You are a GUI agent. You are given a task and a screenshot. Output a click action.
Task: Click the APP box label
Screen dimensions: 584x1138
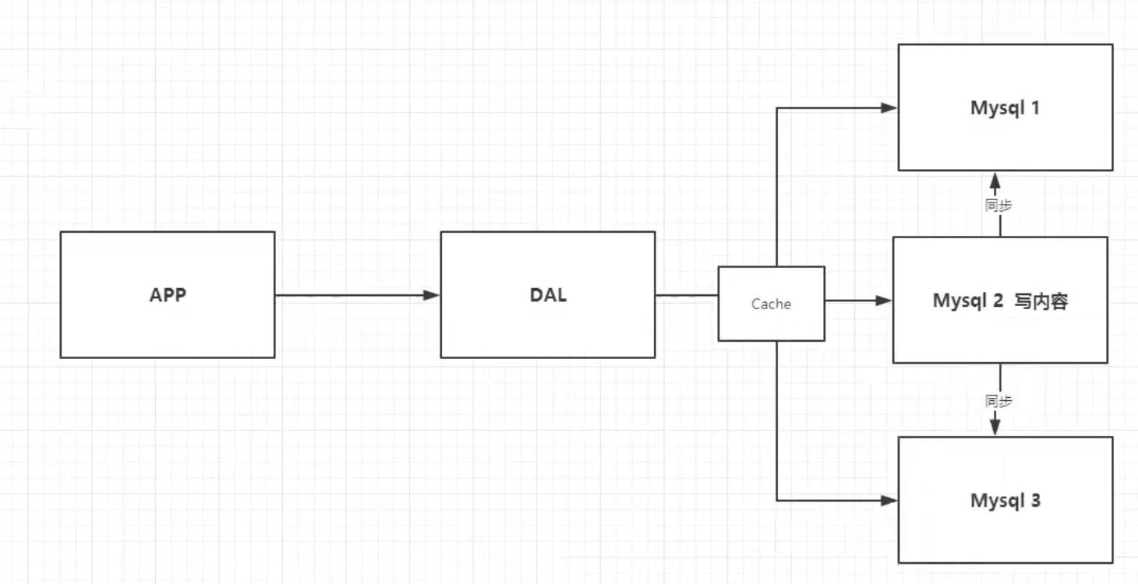pos(168,296)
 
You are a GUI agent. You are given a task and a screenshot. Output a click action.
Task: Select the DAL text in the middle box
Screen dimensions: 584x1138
pos(547,296)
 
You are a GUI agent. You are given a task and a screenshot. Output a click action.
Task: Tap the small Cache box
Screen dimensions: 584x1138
pos(771,304)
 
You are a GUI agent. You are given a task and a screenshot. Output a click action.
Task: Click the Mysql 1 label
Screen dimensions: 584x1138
pos(1005,107)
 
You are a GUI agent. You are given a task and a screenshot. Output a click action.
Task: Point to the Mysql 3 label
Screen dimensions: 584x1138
pos(1005,500)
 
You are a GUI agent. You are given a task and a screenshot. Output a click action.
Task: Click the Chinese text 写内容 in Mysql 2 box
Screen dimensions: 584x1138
pos(1041,301)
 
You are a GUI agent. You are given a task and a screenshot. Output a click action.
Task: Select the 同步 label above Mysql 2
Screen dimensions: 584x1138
pos(998,206)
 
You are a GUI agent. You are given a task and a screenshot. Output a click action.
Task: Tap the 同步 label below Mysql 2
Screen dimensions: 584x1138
pos(998,401)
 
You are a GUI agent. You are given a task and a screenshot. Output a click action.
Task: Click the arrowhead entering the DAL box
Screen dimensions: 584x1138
pos(432,295)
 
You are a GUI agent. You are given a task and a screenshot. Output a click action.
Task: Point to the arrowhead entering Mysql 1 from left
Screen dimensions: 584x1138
pos(889,108)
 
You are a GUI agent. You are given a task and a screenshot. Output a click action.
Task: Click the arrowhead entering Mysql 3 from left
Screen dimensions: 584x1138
pos(889,501)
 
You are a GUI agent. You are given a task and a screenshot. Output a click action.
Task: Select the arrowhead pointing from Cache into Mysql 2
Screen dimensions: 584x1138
pos(884,300)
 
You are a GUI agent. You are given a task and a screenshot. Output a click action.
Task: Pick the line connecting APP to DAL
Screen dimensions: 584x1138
pos(351,295)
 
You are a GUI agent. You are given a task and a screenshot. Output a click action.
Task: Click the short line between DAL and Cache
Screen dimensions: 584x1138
pos(686,295)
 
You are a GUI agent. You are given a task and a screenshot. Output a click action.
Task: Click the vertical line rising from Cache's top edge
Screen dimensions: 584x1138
pos(777,187)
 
